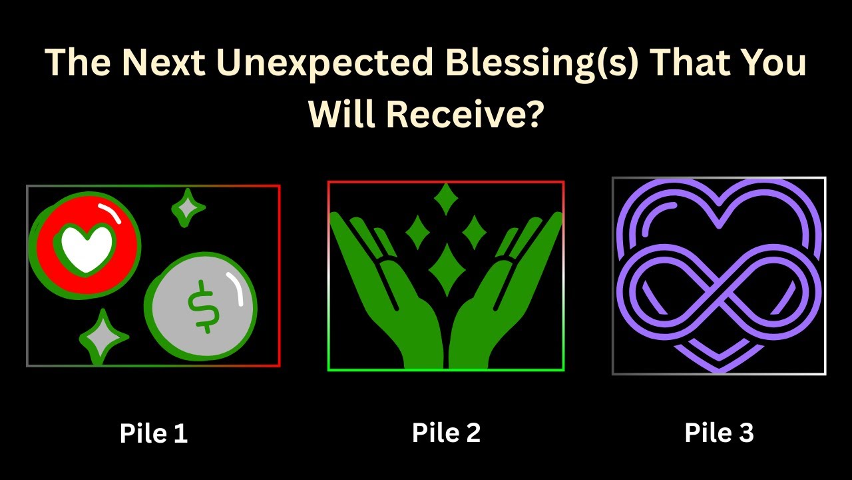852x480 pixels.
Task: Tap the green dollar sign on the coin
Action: [x=202, y=306]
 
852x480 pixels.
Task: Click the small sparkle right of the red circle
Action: [x=187, y=209]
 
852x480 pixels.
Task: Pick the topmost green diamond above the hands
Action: [x=445, y=199]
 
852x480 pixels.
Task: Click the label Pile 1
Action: [x=154, y=433]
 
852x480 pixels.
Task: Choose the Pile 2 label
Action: [x=446, y=433]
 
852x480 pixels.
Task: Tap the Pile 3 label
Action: [x=719, y=433]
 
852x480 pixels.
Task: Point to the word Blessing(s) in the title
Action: [x=532, y=64]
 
